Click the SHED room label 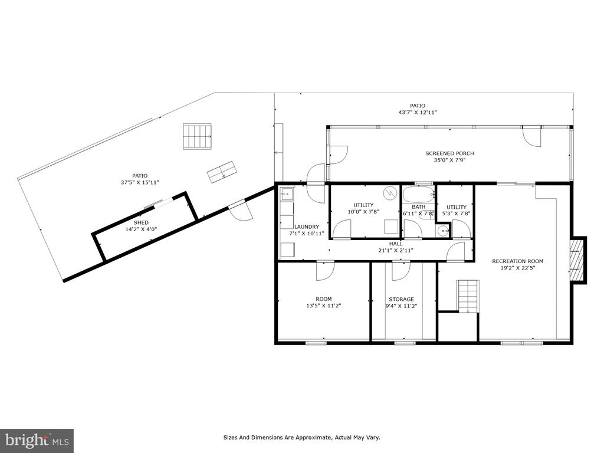pyautogui.click(x=141, y=222)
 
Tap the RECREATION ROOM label pyautogui.click(x=518, y=261)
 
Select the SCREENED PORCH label pyautogui.click(x=449, y=153)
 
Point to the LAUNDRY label pyautogui.click(x=307, y=227)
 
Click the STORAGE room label pyautogui.click(x=401, y=299)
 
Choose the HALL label pyautogui.click(x=396, y=244)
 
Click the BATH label pyautogui.click(x=419, y=207)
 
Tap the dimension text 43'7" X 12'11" pyautogui.click(x=418, y=113)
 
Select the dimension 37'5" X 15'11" pyautogui.click(x=140, y=183)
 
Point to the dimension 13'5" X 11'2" pyautogui.click(x=324, y=306)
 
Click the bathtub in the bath pyautogui.click(x=418, y=195)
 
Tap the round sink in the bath pyautogui.click(x=444, y=231)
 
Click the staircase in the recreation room pyautogui.click(x=468, y=296)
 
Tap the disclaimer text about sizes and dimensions pyautogui.click(x=302, y=438)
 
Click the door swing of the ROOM pyautogui.click(x=324, y=271)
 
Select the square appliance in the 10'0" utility pyautogui.click(x=392, y=226)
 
